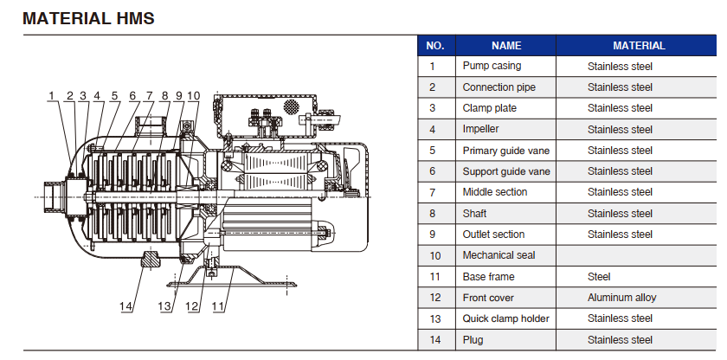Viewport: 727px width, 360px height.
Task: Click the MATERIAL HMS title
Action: [x=89, y=17]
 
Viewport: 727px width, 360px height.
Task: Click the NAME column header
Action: [x=506, y=46]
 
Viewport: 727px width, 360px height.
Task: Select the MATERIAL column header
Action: [x=639, y=46]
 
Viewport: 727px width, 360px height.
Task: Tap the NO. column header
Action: [x=435, y=46]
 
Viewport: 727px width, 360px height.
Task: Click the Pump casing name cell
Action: [x=492, y=66]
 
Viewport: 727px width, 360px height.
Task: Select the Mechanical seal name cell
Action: [x=499, y=255]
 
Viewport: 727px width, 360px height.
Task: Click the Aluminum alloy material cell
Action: [x=621, y=298]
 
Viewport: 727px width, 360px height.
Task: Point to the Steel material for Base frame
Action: [x=599, y=277]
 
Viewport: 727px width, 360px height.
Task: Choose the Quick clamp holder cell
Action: [x=505, y=319]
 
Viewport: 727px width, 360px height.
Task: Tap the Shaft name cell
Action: [x=476, y=214]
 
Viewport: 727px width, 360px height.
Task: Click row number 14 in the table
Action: [x=435, y=340]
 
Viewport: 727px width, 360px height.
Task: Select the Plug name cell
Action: [x=474, y=340]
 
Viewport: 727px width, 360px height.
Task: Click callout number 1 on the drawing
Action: [x=52, y=95]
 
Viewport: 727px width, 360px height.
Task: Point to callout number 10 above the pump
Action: [x=193, y=95]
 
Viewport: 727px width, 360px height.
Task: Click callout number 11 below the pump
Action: [x=219, y=305]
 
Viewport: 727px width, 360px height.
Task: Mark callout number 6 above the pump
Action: [x=132, y=95]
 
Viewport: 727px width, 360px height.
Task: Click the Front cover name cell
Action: [x=488, y=298]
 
